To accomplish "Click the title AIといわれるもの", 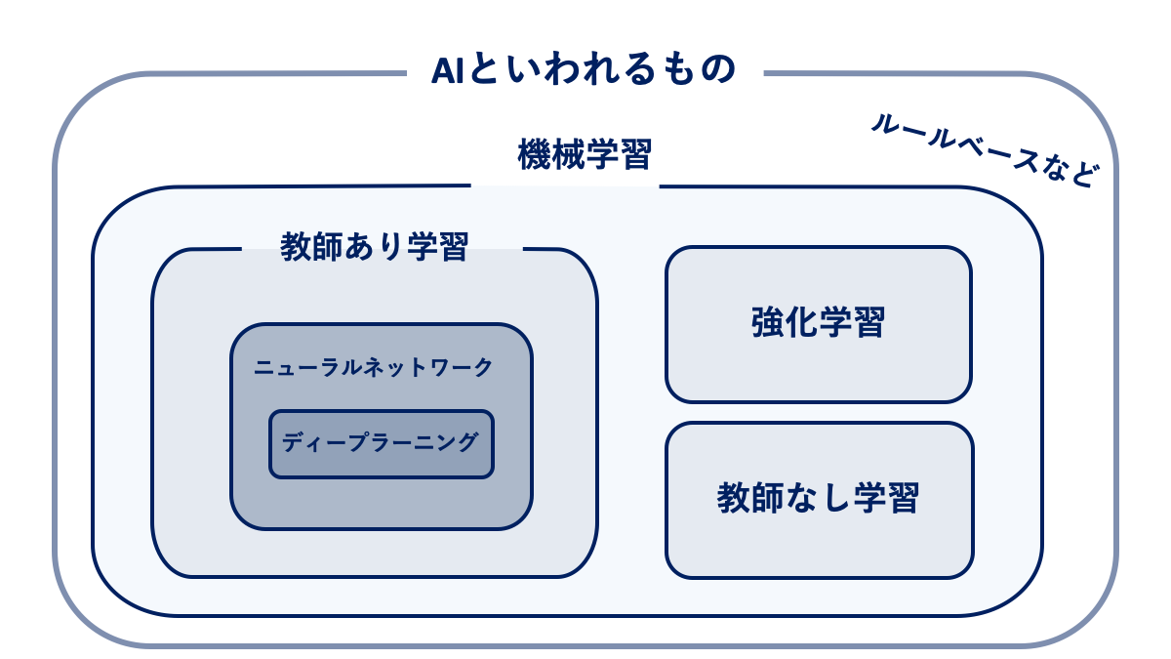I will pos(583,70).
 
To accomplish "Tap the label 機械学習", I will pos(585,154).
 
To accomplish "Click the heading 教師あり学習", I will pos(375,246).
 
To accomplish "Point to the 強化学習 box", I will pos(818,323).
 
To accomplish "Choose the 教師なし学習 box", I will pos(818,499).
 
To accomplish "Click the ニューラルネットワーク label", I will pos(374,368).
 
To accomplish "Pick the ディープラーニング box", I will pos(381,443).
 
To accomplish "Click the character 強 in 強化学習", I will pos(768,322).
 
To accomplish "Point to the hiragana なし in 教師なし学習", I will pos(818,499).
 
